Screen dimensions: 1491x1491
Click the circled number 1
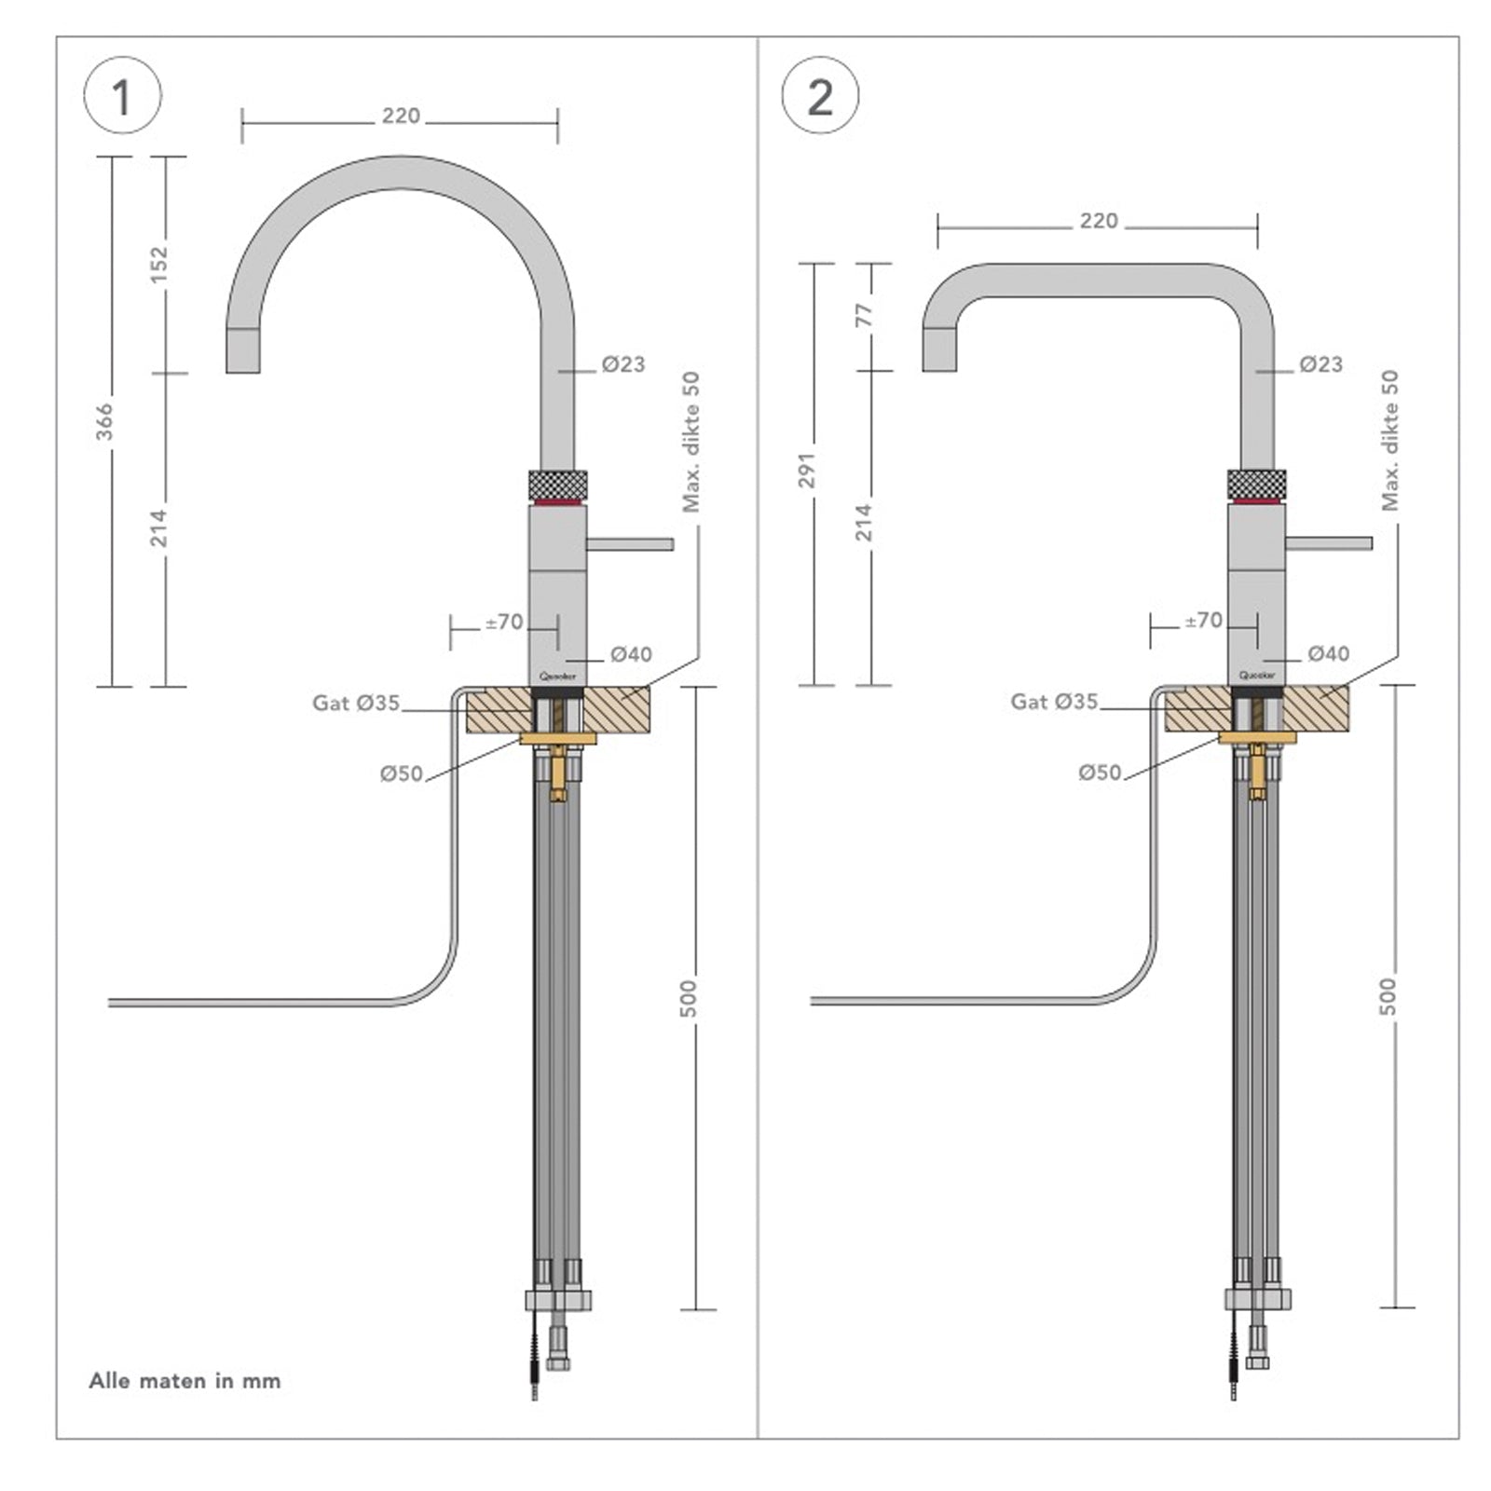pos(122,96)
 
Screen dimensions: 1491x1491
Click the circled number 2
pos(819,96)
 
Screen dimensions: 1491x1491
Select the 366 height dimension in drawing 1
pos(105,421)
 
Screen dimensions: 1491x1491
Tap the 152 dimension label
pos(159,264)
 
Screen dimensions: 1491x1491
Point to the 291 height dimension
pos(807,470)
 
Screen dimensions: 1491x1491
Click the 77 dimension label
pos(865,315)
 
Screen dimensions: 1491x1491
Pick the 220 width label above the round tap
pos(401,116)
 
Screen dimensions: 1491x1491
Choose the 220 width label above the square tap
pos(1099,221)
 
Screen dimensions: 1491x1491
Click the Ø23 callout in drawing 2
pos(1320,364)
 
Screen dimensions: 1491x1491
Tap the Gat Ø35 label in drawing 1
pos(356,703)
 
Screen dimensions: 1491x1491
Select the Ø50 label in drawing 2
pos(1100,773)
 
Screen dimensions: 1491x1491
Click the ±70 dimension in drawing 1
pos(504,622)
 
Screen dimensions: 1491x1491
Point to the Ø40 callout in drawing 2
pos(1328,653)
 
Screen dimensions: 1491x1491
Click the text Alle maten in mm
pos(185,1380)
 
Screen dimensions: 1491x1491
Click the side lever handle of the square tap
pos(1328,543)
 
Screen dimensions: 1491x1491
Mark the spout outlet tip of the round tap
pos(243,365)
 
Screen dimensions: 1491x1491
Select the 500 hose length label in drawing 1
pos(688,998)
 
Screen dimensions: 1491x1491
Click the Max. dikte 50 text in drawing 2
pos(1389,440)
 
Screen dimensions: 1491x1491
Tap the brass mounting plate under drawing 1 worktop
pos(557,739)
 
